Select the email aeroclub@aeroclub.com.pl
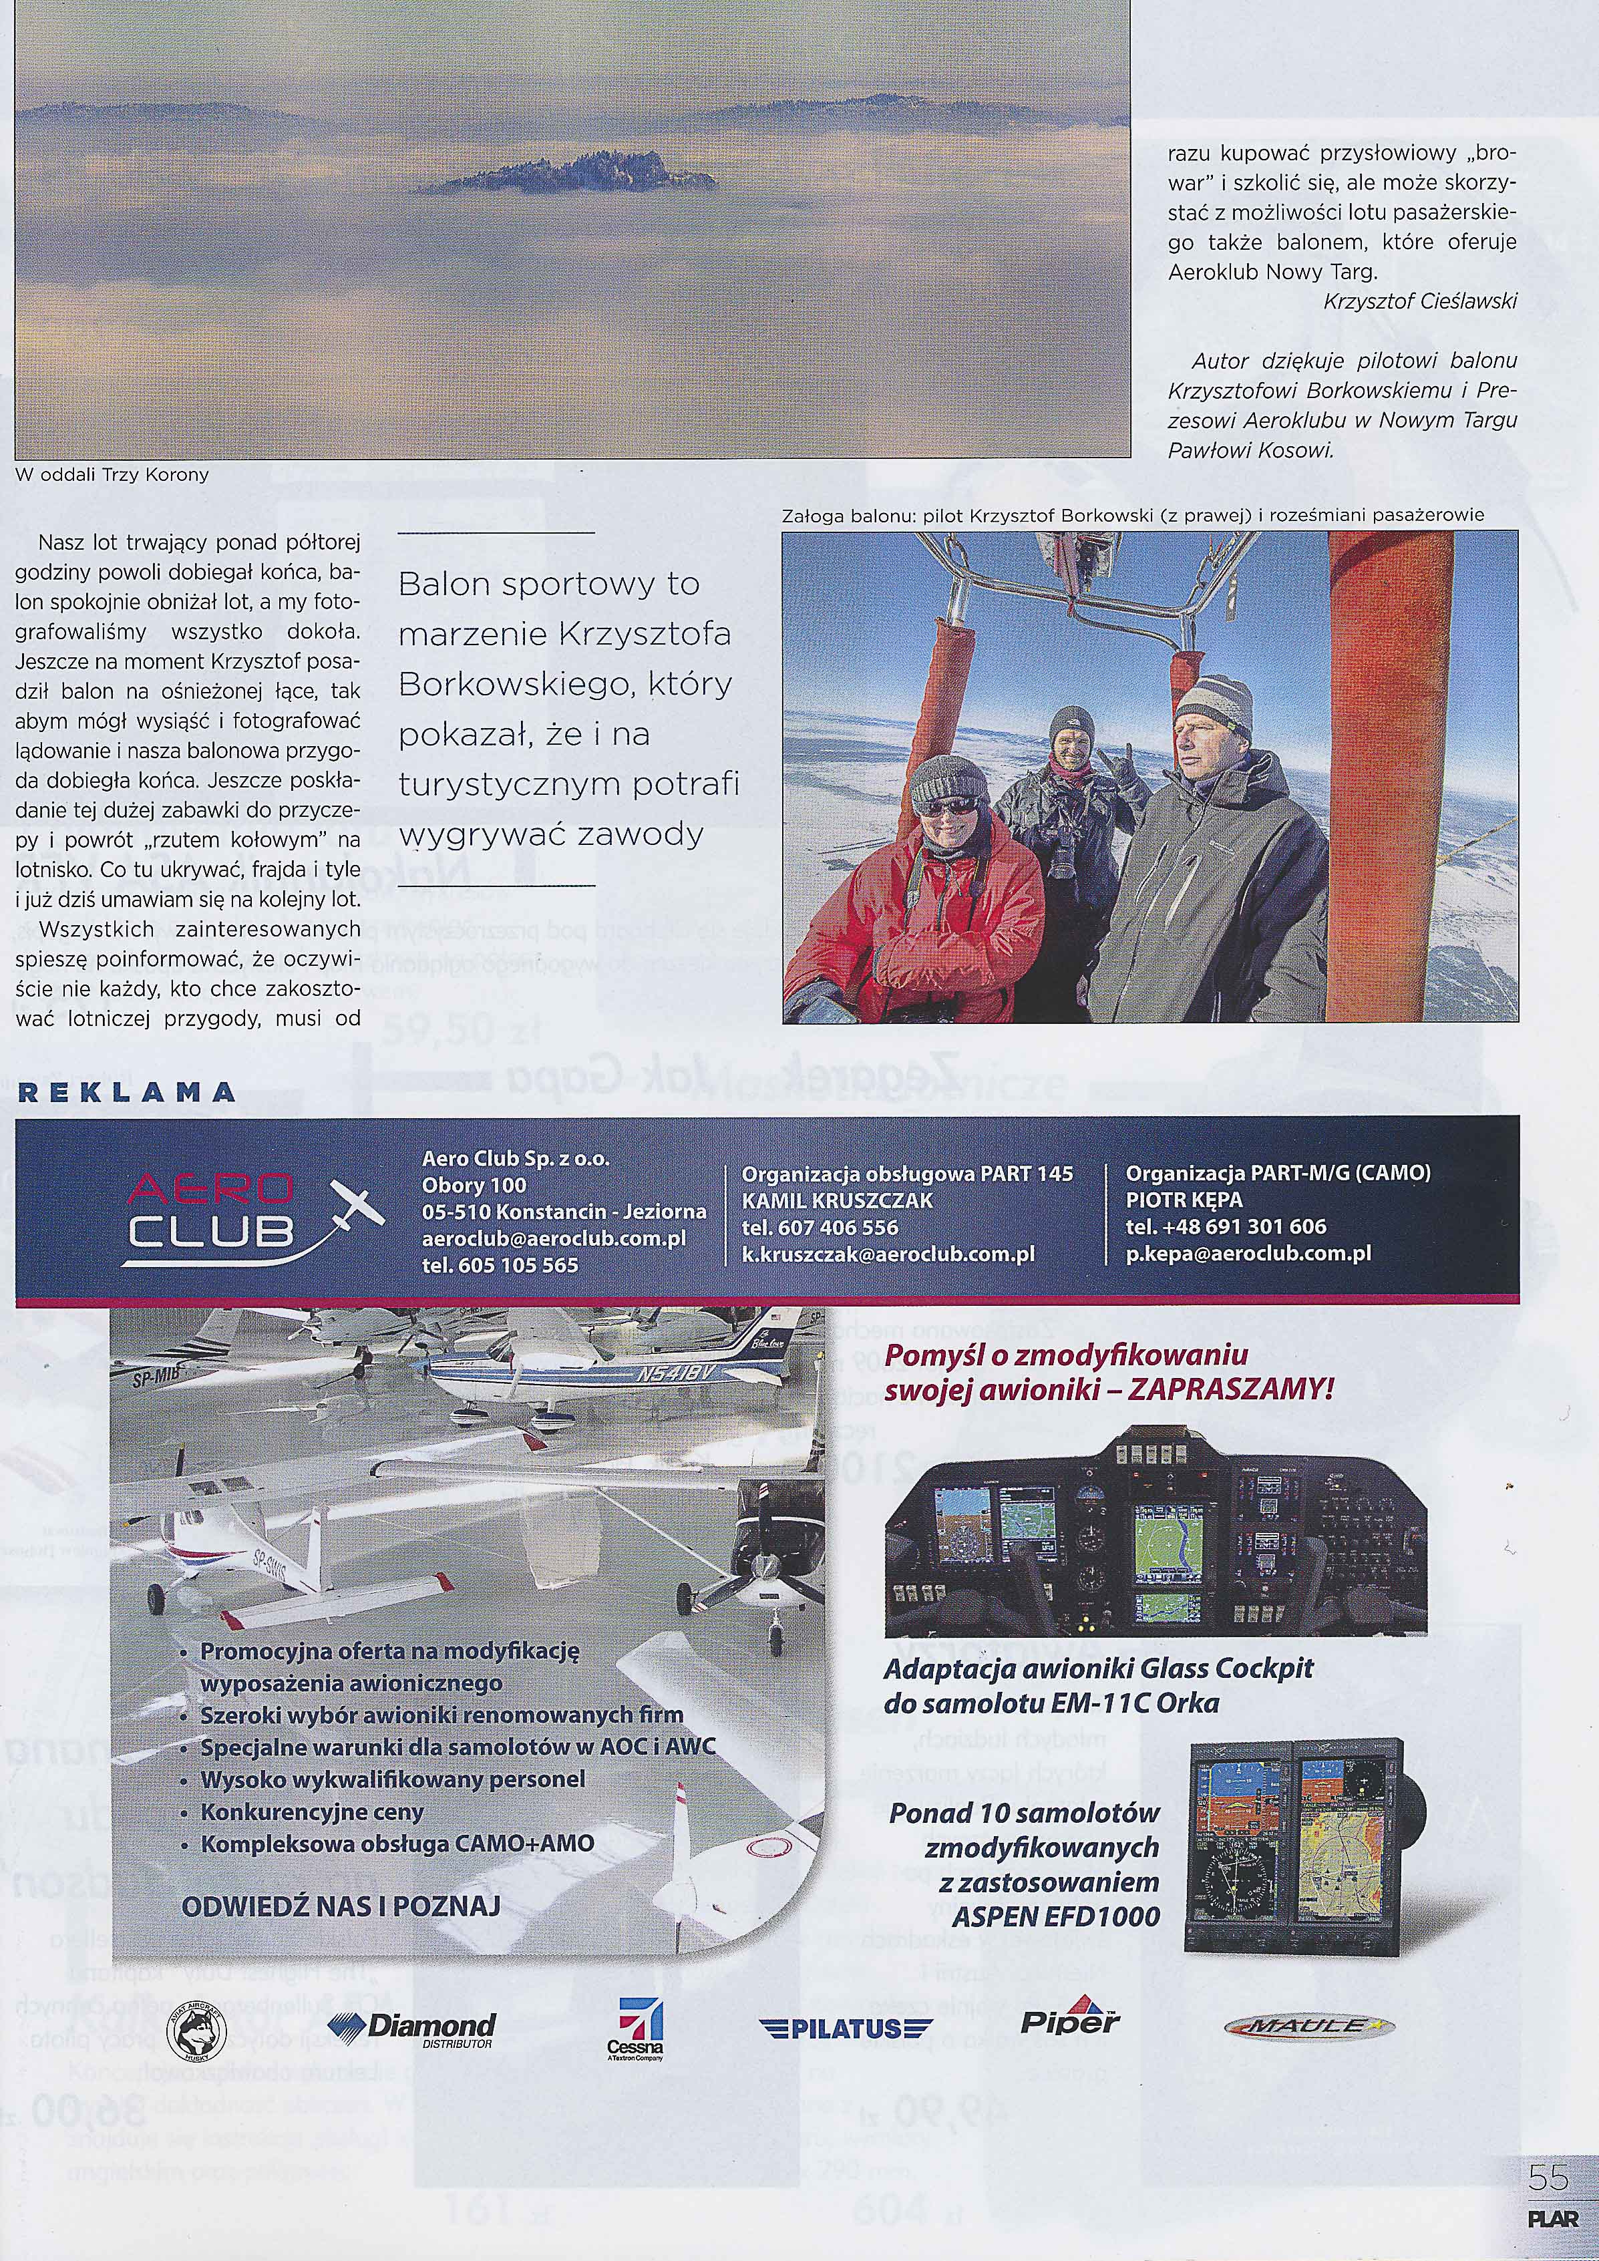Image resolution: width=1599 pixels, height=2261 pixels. pos(553,1239)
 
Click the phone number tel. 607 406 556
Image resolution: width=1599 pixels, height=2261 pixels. pos(819,1227)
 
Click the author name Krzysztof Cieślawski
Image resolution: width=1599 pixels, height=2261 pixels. pos(1420,301)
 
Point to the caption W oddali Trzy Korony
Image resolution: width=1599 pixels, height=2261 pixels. pos(112,475)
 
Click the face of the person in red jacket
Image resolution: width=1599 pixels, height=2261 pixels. pos(945,802)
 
